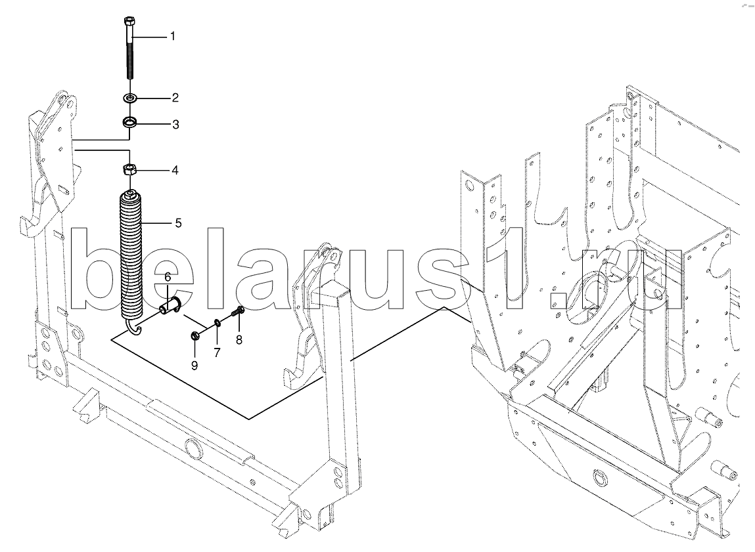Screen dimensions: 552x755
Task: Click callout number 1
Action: pyautogui.click(x=173, y=36)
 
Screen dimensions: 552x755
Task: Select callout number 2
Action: pyautogui.click(x=175, y=98)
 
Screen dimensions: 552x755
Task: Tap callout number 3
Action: pyautogui.click(x=175, y=124)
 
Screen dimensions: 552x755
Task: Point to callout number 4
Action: pyautogui.click(x=175, y=171)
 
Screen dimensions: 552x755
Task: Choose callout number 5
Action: pyautogui.click(x=177, y=223)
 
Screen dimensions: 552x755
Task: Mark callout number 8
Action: pyautogui.click(x=239, y=339)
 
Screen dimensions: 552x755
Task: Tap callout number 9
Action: pyautogui.click(x=194, y=365)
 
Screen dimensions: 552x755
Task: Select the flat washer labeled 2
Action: pyautogui.click(x=129, y=99)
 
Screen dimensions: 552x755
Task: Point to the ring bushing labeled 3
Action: pyautogui.click(x=129, y=122)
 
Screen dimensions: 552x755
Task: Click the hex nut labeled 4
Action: pyautogui.click(x=129, y=170)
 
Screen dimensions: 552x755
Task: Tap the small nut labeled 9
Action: pyautogui.click(x=194, y=336)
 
